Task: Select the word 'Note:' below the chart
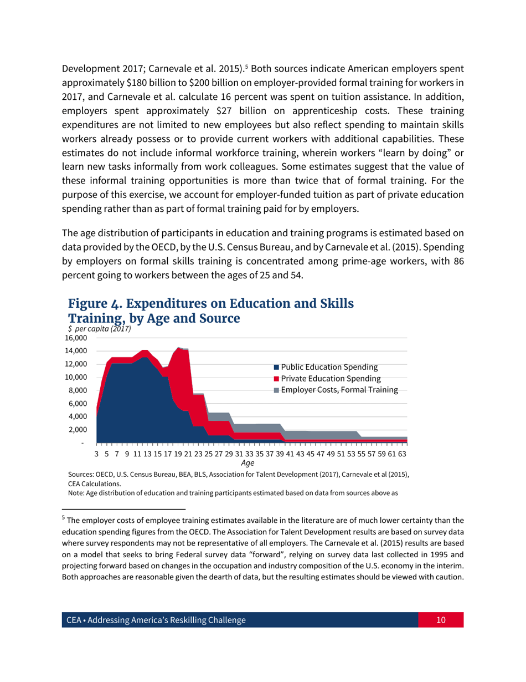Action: (76, 493)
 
